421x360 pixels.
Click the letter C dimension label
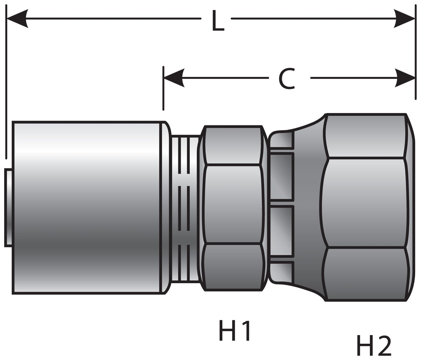(286, 79)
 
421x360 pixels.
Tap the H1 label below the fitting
(235, 332)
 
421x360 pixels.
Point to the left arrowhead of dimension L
(17, 19)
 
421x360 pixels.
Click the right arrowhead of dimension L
(404, 19)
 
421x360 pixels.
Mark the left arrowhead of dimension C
(174, 78)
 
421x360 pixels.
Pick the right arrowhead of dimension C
(405, 78)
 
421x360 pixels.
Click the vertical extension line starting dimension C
(164, 89)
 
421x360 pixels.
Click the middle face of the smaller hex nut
(232, 203)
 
